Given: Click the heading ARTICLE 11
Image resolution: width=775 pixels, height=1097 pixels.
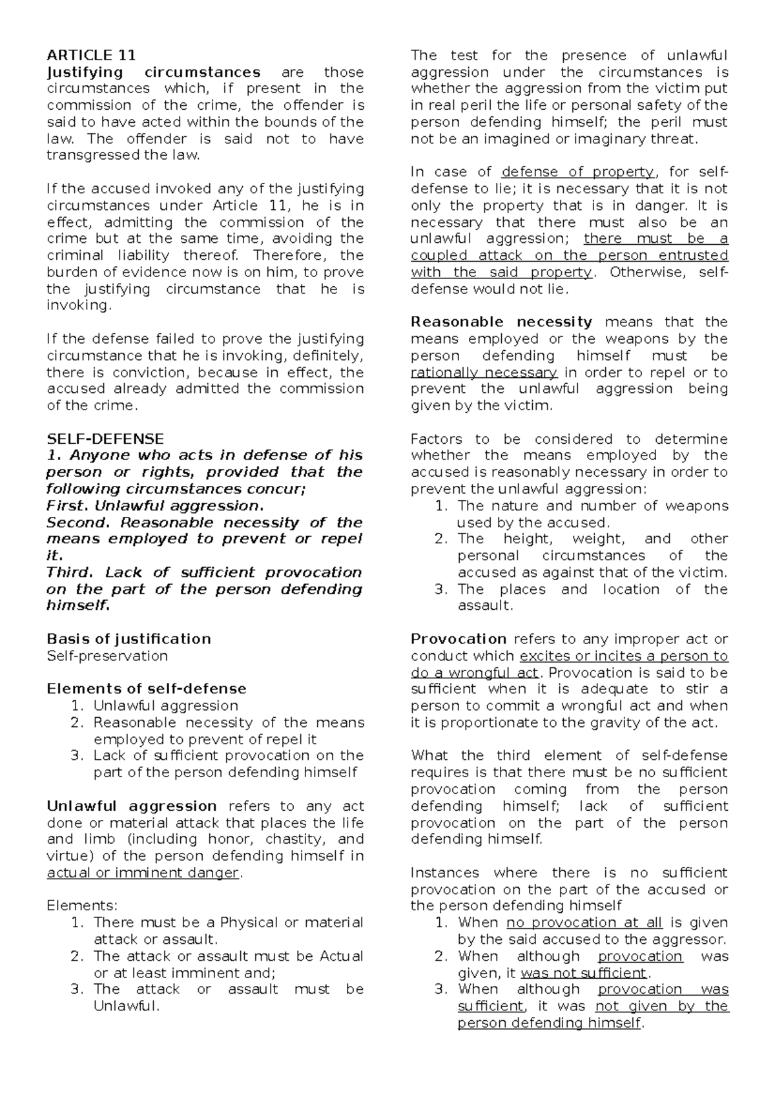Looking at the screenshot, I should [x=91, y=55].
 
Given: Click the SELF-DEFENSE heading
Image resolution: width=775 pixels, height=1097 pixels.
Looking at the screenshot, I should [x=105, y=439].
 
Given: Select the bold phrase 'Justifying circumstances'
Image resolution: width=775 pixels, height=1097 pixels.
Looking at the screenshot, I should [x=154, y=72].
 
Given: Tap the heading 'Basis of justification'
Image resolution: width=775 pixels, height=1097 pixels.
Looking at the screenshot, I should [x=129, y=639].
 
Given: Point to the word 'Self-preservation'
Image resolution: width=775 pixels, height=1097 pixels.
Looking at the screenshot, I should [x=107, y=656].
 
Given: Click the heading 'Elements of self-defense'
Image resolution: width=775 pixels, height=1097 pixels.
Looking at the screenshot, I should [x=147, y=689].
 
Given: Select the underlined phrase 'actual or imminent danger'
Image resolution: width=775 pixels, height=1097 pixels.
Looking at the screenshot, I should [x=143, y=873].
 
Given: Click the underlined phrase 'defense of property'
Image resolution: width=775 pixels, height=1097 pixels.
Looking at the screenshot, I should [x=578, y=172].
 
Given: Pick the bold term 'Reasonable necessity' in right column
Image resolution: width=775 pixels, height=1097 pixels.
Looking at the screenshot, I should [x=501, y=322].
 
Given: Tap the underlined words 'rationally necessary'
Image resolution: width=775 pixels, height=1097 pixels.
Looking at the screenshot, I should [x=484, y=372].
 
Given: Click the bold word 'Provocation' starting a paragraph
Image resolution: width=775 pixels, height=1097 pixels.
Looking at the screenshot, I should [x=459, y=639].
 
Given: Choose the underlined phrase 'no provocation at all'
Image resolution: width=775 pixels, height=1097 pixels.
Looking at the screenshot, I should [x=584, y=923].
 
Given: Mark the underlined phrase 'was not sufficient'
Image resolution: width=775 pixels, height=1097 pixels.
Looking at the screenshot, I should [x=583, y=973].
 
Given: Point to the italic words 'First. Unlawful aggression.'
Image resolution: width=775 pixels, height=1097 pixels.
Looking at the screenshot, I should [x=155, y=505].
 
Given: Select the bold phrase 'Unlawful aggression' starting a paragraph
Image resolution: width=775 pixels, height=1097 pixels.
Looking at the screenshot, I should [x=132, y=806].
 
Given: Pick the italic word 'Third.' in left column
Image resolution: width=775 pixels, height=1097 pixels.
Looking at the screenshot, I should [x=70, y=572].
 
